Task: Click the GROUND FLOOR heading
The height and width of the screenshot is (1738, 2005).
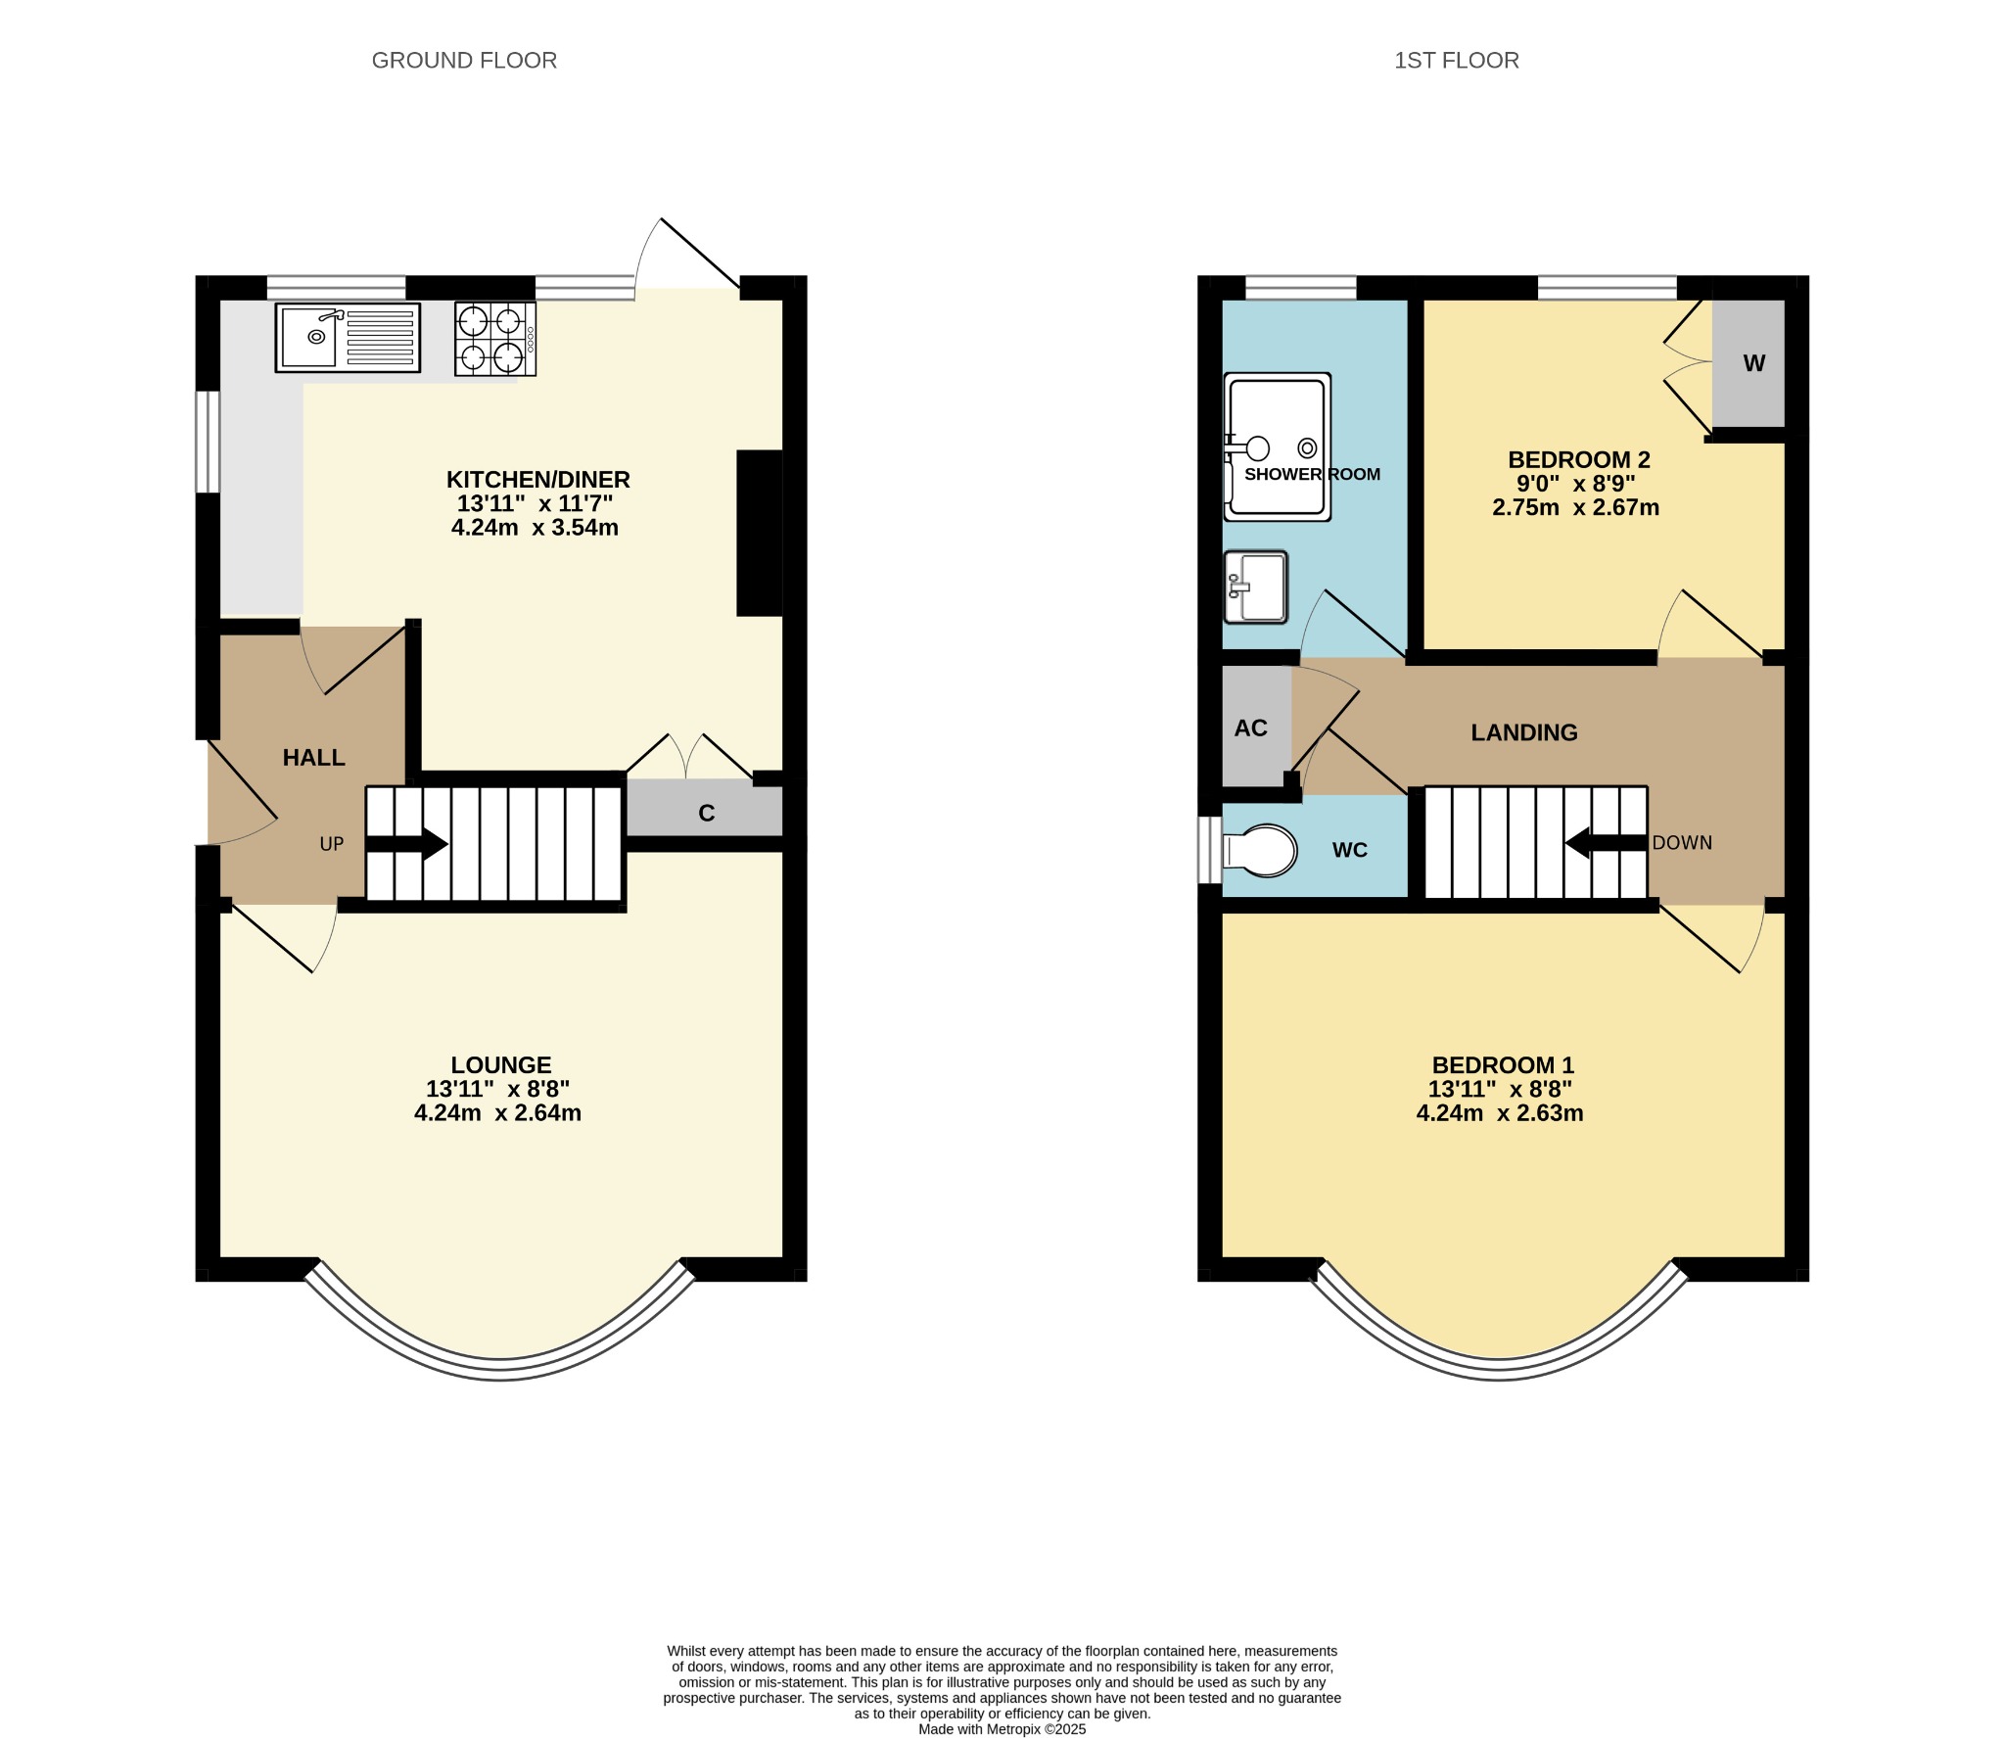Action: click(464, 61)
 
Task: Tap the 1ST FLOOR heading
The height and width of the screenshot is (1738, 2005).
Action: click(1456, 61)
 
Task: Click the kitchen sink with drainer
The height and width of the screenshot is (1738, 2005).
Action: click(348, 338)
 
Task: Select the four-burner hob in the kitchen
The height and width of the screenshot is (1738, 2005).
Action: click(495, 339)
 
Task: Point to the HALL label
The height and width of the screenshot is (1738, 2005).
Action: click(313, 757)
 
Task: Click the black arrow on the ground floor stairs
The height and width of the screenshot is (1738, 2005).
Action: click(406, 844)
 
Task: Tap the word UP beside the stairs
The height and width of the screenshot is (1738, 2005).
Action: click(332, 844)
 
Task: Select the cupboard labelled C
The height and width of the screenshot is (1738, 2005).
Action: click(705, 809)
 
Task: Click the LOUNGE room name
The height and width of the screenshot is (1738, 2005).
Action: click(500, 1064)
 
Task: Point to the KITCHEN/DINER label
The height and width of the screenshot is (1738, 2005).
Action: click(537, 480)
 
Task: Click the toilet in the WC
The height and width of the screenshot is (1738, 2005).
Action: click(1260, 850)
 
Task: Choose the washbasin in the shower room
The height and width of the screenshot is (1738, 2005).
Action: click(1255, 587)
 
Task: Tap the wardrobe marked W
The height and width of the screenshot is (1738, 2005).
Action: click(1749, 363)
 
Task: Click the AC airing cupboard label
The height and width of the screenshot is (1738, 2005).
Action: click(1250, 728)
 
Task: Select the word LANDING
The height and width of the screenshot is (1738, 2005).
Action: click(1524, 732)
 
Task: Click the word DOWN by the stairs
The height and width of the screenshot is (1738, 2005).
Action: click(1682, 843)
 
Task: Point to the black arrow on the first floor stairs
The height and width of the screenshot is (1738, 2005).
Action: click(1607, 843)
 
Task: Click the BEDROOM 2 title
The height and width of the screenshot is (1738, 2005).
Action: click(1578, 459)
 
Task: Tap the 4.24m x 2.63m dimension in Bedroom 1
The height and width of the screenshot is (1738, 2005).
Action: click(1499, 1113)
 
